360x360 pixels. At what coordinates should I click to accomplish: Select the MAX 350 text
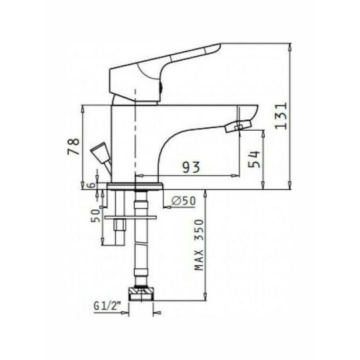tap(198, 245)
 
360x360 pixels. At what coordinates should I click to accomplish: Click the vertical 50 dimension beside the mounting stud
tap(96, 215)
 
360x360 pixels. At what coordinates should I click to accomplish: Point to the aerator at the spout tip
tap(239, 125)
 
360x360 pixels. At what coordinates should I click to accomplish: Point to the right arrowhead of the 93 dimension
tap(234, 176)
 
